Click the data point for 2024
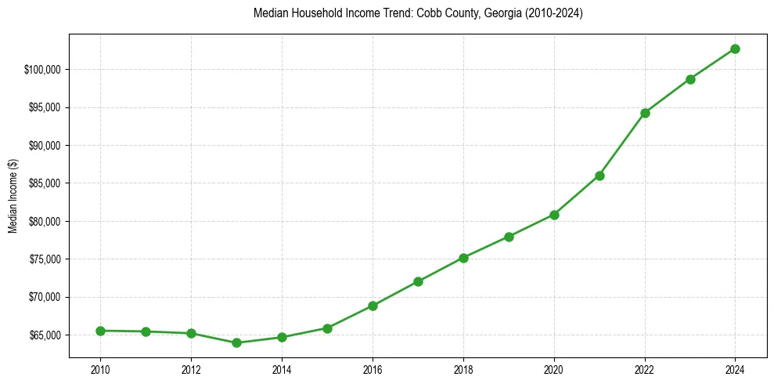[735, 49]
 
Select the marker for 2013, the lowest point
[236, 342]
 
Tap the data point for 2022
[645, 113]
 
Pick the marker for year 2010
[100, 331]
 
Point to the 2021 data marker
[599, 176]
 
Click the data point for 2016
[373, 306]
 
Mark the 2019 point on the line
[509, 237]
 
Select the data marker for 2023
[690, 79]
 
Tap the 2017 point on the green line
[418, 281]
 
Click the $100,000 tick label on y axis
[43, 70]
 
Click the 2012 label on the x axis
[191, 369]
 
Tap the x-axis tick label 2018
[463, 369]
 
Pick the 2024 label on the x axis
[735, 369]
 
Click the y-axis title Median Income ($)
[13, 196]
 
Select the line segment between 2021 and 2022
[622, 144]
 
